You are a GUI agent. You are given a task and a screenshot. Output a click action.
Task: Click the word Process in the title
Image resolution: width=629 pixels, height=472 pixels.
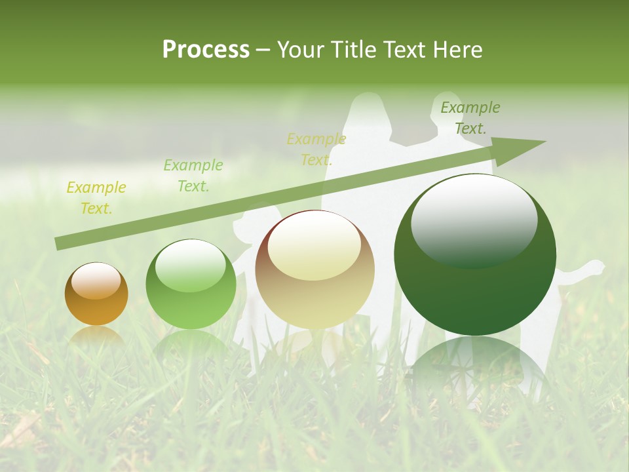tap(206, 50)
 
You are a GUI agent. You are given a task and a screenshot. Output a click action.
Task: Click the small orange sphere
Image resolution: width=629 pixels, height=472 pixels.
tap(96, 294)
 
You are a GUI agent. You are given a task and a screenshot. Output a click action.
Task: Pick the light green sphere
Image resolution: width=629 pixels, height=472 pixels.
tap(191, 285)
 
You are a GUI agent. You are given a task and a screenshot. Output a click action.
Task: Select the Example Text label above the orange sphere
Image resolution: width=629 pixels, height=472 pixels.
tap(96, 197)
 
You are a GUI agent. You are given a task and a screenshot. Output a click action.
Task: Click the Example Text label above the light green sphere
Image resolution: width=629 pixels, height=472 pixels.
tap(193, 175)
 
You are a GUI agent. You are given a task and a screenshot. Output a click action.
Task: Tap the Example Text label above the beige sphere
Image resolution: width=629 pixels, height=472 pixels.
tap(316, 149)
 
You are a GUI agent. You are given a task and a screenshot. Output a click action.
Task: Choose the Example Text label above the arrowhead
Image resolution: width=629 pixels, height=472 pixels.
tap(470, 117)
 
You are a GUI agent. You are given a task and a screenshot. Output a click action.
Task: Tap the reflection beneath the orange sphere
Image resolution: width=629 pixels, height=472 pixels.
tap(96, 336)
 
